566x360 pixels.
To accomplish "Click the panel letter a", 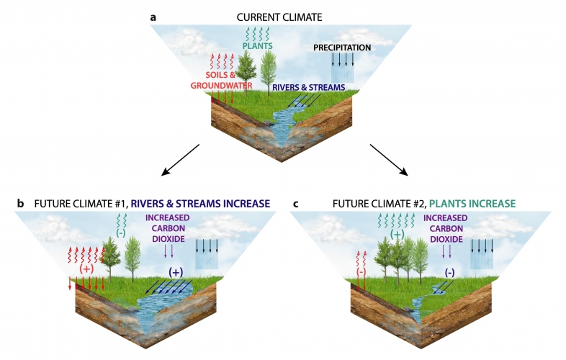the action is coord(153,18).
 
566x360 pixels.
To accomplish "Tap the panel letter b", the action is coord(20,204).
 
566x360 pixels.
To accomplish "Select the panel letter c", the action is coord(296,204).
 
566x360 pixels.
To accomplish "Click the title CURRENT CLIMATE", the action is coord(279,17).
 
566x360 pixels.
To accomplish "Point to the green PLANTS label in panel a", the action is coord(257,46).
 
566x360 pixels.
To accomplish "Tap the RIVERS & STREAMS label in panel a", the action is coord(309,87).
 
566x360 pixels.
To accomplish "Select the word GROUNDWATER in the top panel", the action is coord(221,86).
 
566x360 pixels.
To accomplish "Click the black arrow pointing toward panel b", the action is coord(181,160).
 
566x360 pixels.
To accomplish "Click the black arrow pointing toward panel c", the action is coord(389,160).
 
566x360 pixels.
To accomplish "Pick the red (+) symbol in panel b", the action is coord(86,269).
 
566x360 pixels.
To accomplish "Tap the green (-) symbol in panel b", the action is coord(121,233).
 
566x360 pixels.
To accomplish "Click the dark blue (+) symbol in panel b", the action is coord(176,272).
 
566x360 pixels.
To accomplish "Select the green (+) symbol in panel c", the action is coord(397,234).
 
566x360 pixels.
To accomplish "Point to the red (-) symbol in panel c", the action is coord(361,272).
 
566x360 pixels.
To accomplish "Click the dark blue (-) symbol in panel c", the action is coord(449,272).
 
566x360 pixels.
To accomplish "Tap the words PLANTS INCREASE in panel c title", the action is coord(472,204).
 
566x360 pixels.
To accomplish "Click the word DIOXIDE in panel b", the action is coord(169,239).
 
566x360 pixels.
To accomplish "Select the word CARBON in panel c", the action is coord(446,228).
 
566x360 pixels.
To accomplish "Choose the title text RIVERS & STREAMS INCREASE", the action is coord(200,204).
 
